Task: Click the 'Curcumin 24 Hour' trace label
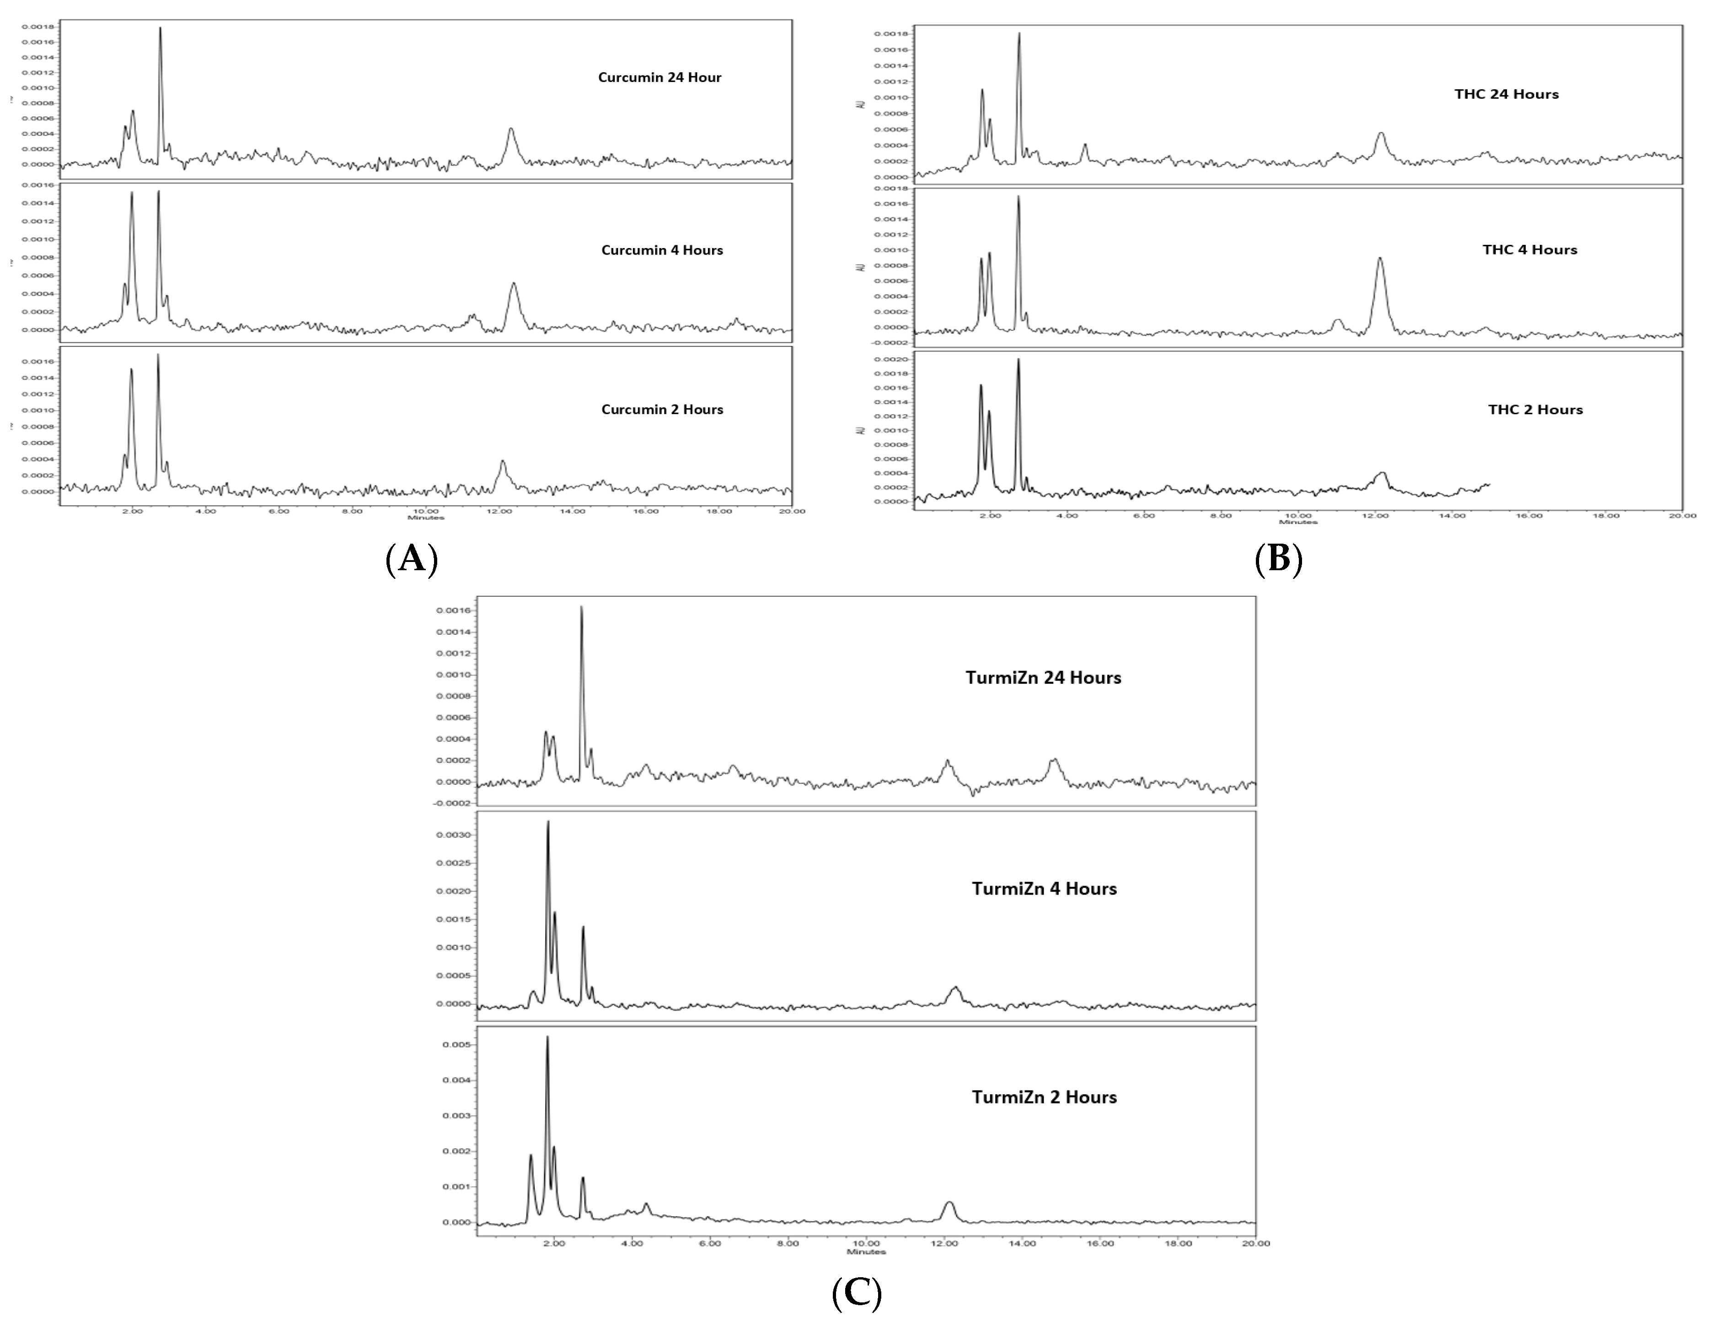[x=659, y=77]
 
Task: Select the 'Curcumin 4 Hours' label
[x=662, y=251]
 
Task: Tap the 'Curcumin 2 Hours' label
[x=662, y=410]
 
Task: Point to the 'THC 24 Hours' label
[x=1506, y=94]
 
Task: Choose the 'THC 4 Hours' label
[x=1529, y=250]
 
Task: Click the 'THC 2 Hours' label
[x=1535, y=410]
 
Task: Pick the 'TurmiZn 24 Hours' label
[x=1043, y=678]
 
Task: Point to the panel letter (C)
[x=857, y=1294]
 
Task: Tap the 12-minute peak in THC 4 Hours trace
[x=1380, y=259]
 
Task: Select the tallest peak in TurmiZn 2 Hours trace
[x=547, y=1038]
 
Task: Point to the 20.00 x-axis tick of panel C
[x=1255, y=1243]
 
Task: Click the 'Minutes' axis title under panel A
[x=426, y=518]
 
